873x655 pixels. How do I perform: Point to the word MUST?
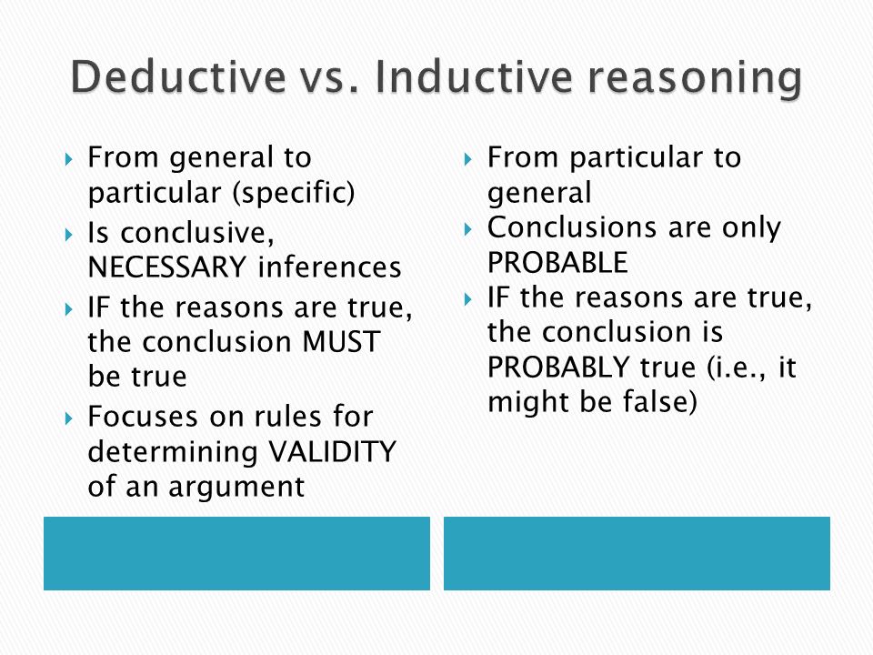(341, 341)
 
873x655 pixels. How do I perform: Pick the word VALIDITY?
(332, 451)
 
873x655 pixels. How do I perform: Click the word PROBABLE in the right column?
(557, 262)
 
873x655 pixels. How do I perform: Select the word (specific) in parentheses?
(294, 193)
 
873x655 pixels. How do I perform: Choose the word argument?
(236, 488)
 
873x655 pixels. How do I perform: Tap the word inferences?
(329, 267)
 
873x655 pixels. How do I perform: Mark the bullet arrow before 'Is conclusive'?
(69, 235)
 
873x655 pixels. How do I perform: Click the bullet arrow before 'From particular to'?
(467, 160)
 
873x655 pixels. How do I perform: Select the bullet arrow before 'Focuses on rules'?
(69, 418)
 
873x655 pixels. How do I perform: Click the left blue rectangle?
(236, 553)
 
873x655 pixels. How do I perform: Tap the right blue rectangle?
(637, 553)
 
